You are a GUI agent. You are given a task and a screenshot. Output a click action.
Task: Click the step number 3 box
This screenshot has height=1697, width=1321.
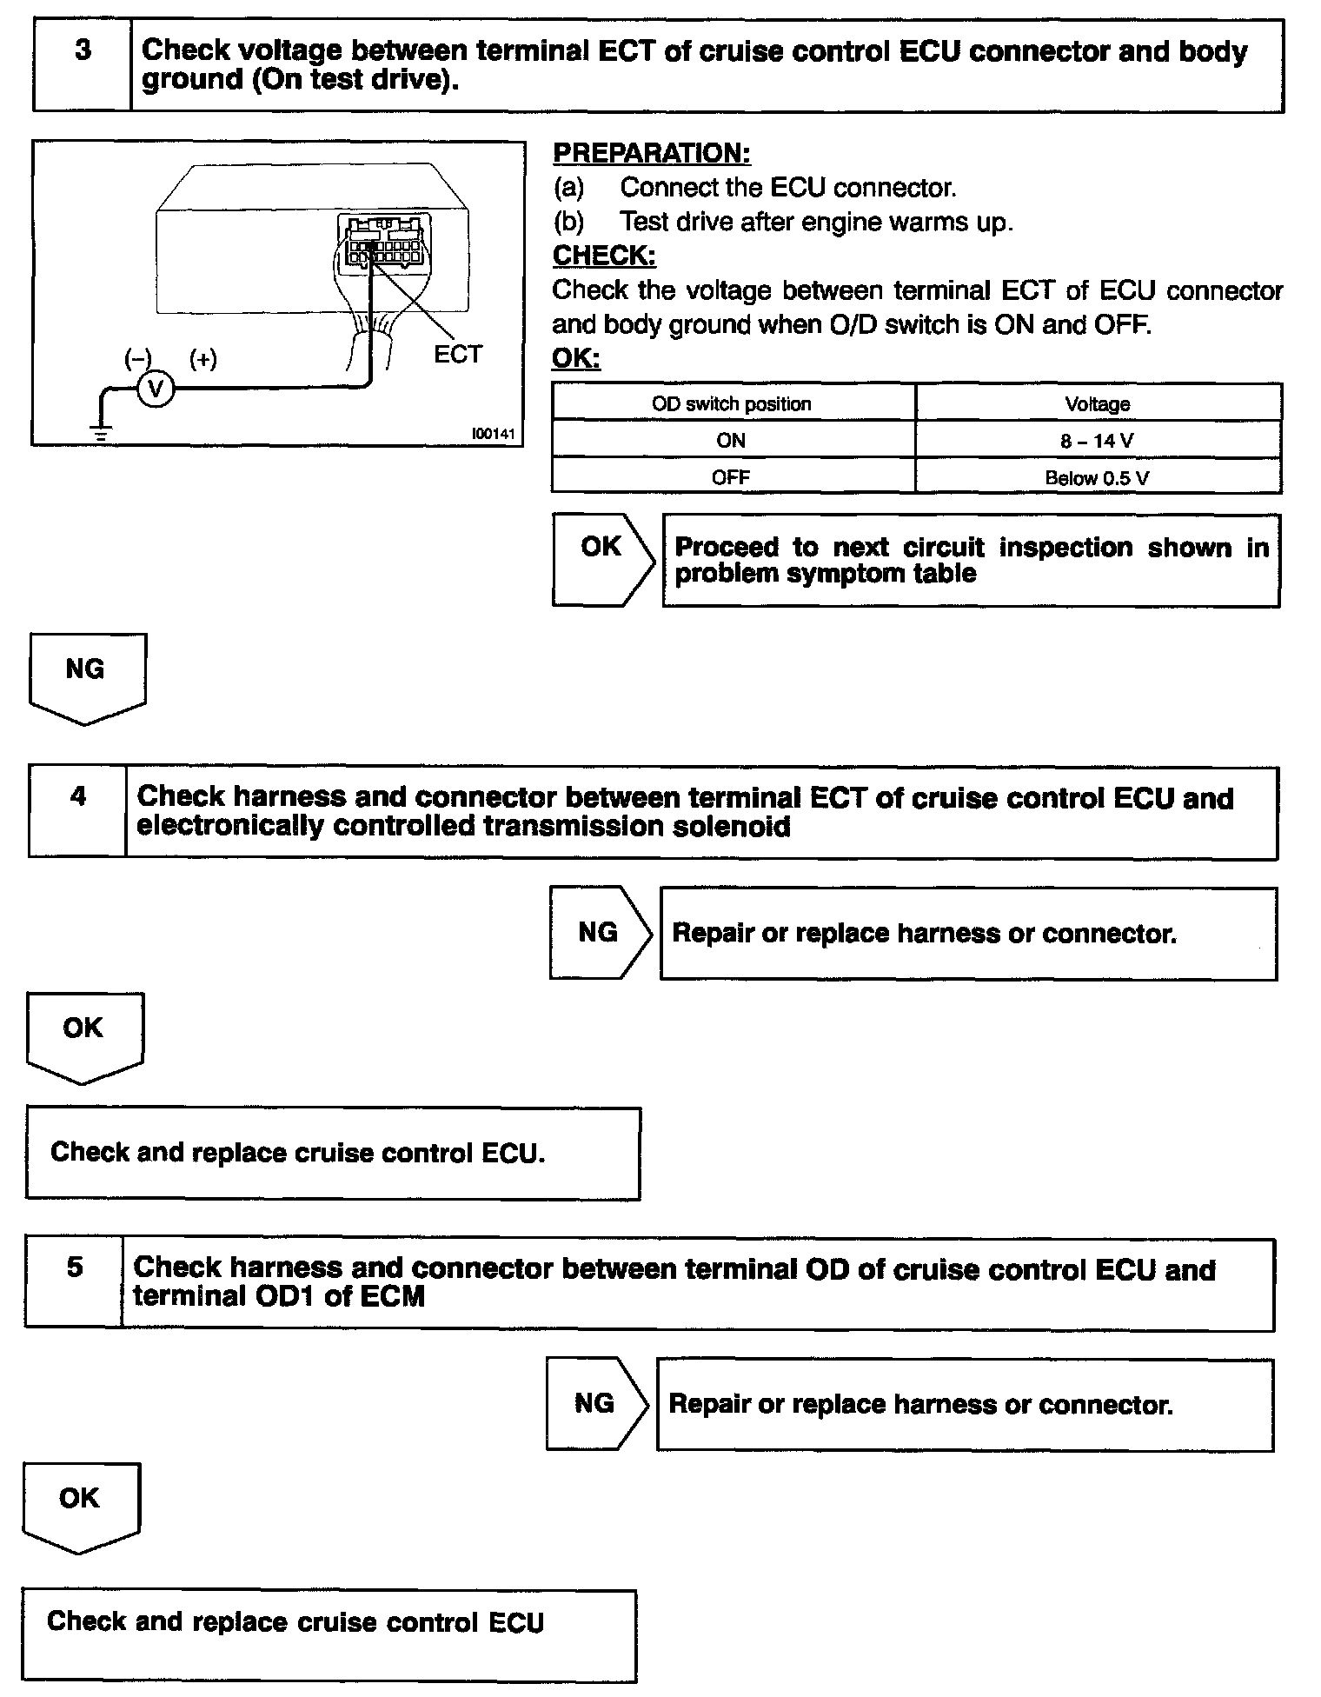tap(83, 66)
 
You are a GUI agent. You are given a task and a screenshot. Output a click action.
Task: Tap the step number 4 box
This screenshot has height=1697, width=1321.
tap(78, 812)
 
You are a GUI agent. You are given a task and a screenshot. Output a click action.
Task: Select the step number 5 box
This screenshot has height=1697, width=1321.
tap(75, 1283)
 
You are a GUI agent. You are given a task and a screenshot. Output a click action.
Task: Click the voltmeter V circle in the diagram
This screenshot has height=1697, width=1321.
tap(156, 390)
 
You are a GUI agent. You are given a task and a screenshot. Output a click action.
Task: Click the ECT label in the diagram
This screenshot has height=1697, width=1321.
tap(457, 355)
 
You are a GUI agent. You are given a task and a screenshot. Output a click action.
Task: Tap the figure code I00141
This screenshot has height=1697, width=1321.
tap(494, 433)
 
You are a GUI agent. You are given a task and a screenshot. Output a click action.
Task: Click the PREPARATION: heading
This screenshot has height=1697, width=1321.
tap(651, 153)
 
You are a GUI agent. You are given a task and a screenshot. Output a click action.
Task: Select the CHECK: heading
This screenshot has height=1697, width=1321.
tap(604, 256)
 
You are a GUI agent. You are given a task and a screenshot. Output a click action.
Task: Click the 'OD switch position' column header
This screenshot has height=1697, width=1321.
tap(732, 404)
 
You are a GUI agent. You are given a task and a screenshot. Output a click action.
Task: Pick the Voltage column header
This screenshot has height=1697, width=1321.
tap(1098, 404)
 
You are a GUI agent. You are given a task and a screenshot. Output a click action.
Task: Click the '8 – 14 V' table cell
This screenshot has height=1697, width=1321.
tap(1097, 441)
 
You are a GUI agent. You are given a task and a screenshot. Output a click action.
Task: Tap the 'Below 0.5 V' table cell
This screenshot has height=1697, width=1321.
tap(1097, 478)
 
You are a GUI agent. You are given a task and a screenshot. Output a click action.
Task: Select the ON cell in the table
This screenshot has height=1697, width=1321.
tap(731, 441)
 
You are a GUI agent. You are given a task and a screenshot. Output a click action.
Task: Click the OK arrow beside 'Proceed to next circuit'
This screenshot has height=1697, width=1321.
tap(602, 560)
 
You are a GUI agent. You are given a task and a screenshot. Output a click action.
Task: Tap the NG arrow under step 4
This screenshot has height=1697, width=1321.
tap(599, 933)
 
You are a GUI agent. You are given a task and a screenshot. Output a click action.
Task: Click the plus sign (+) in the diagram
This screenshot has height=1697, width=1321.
tap(203, 359)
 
